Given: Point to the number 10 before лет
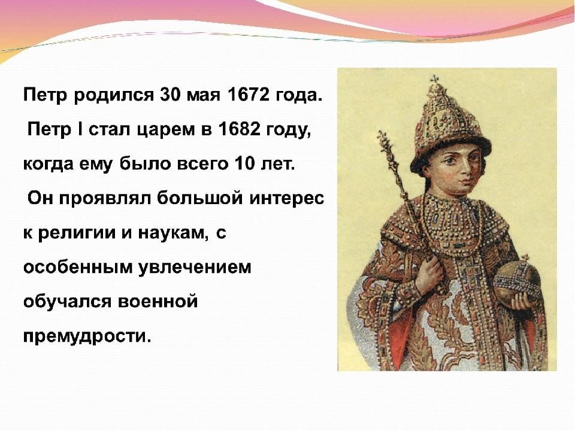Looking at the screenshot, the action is (244, 163).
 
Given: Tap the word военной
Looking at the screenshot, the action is (158, 302).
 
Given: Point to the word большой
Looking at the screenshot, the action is (199, 198).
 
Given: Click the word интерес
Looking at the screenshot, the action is (287, 199).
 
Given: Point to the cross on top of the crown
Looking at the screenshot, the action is (435, 79).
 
